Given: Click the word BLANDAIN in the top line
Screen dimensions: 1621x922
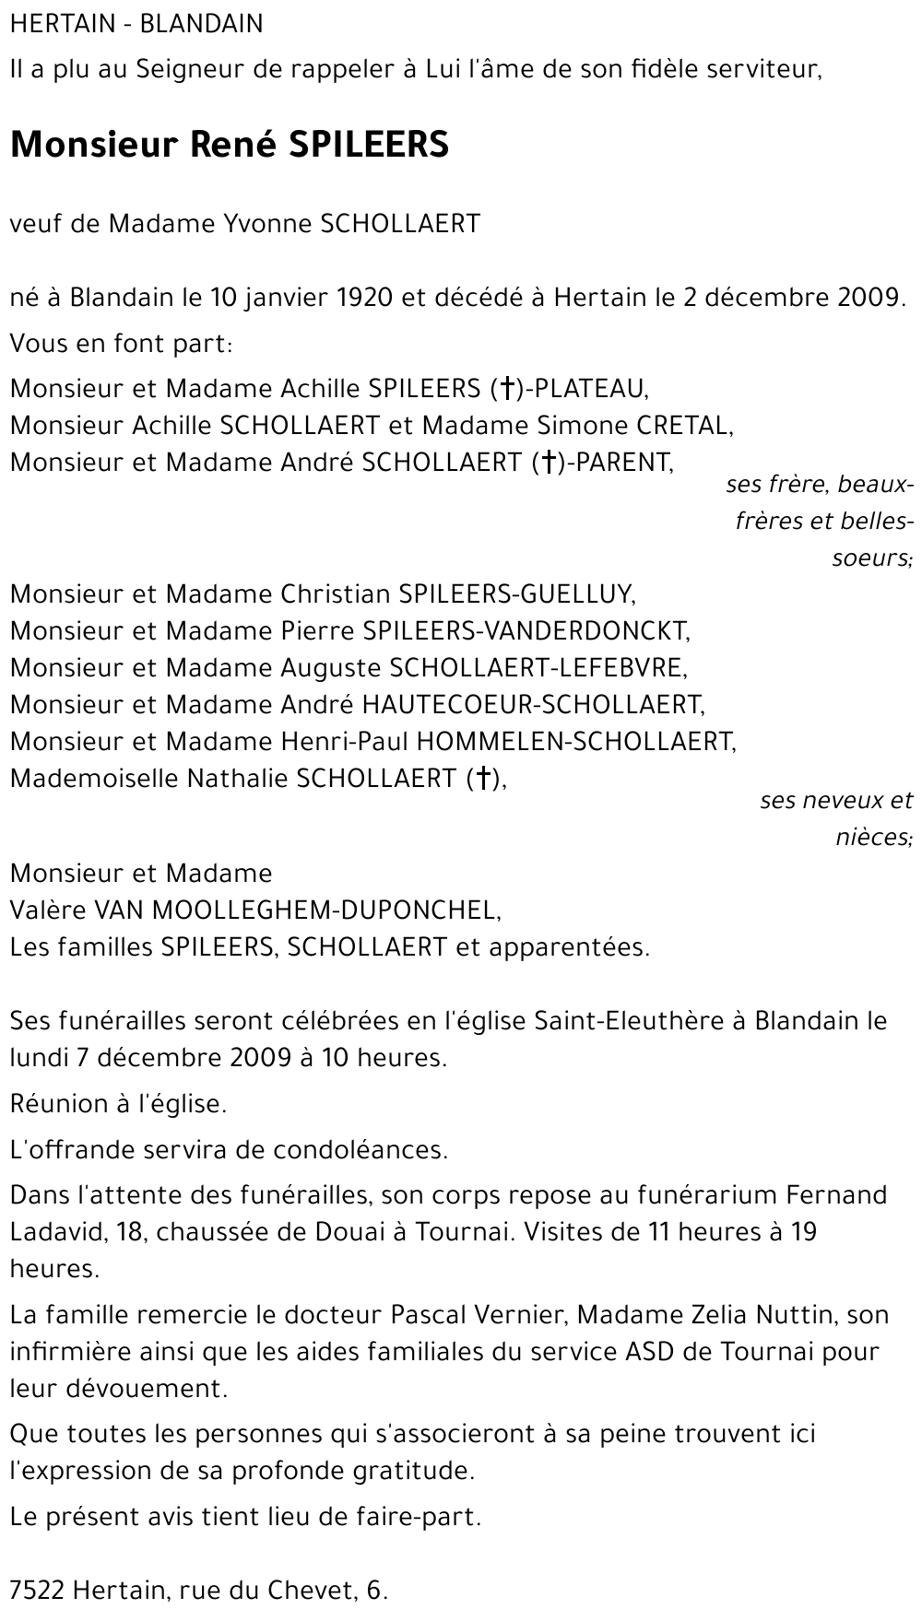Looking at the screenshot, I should pyautogui.click(x=201, y=24).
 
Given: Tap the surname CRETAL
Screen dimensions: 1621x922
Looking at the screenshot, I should pyautogui.click(x=681, y=425).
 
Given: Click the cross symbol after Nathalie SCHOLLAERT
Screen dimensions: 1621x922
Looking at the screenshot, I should pyautogui.click(x=479, y=779).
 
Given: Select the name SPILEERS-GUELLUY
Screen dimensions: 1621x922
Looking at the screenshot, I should pyautogui.click(x=515, y=593).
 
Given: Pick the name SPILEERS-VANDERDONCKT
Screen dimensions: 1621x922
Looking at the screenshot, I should pyautogui.click(x=525, y=630).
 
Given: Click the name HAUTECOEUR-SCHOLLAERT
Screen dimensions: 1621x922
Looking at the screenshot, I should pyautogui.click(x=532, y=704).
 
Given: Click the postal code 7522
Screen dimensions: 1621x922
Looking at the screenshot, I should pyautogui.click(x=37, y=1590).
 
